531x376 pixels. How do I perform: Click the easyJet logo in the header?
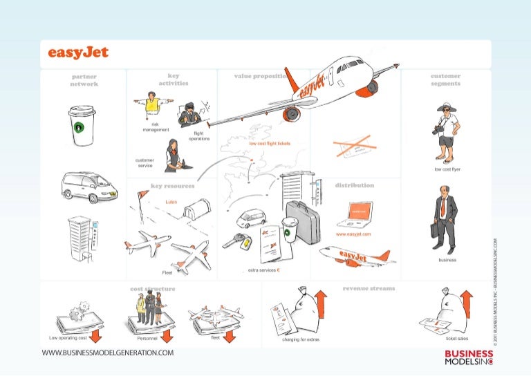78,53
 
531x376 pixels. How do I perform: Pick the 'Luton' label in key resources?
173,202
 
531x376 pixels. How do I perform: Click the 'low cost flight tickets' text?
270,144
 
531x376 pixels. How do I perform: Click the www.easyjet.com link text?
353,234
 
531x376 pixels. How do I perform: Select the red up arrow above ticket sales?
466,304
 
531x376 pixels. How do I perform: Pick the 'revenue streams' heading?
369,288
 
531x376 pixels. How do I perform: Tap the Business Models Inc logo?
469,356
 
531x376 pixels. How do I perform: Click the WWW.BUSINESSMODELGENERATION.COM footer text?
108,353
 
